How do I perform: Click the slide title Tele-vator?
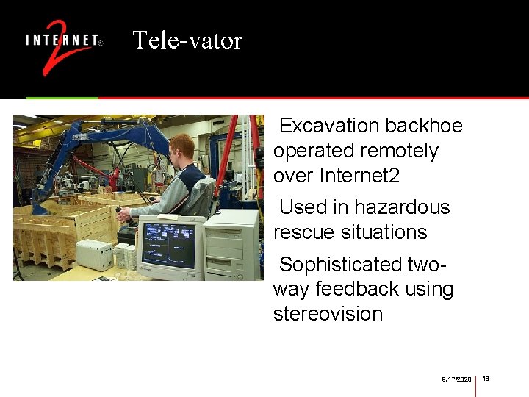pos(187,40)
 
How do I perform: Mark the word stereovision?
pos(328,314)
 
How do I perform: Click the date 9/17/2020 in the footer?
pos(456,379)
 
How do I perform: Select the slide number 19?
pos(486,378)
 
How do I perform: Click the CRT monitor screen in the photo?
pos(169,245)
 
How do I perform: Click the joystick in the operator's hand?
pos(121,214)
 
